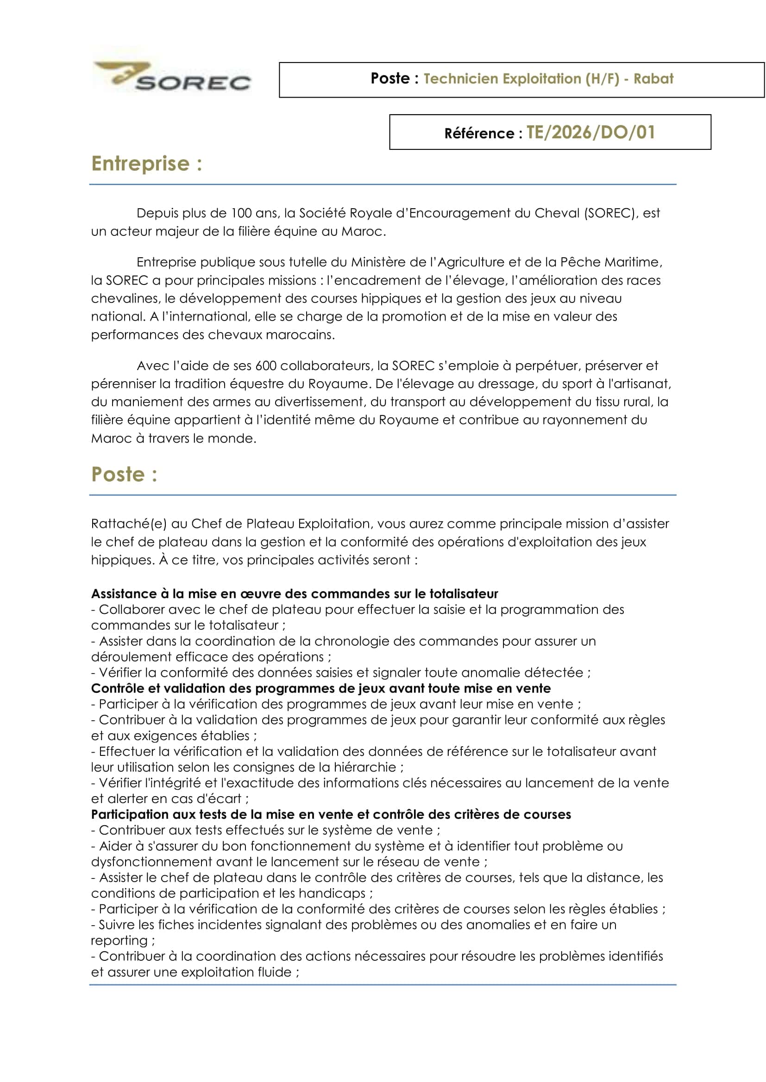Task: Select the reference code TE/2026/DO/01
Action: pos(590,132)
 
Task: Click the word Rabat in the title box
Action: pos(653,79)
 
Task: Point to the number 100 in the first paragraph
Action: pos(241,213)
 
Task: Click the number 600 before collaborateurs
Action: pos(265,366)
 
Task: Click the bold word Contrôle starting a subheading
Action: pos(118,688)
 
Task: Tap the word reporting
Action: pos(119,940)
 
